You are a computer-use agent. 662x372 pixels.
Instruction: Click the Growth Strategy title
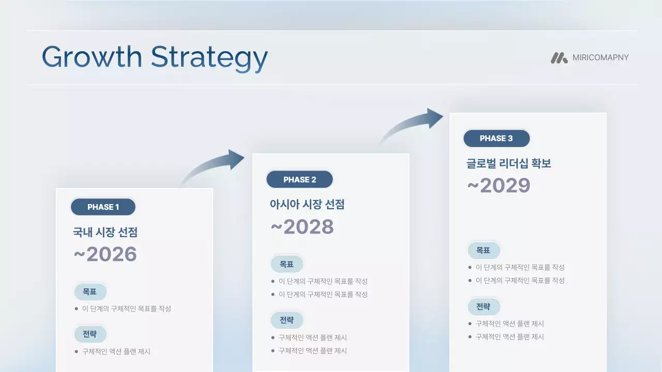[x=154, y=57]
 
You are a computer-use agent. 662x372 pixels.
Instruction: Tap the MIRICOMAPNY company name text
[x=600, y=57]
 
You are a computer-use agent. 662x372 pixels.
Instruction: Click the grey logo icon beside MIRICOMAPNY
[x=559, y=58]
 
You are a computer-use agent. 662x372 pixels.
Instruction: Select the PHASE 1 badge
[x=103, y=207]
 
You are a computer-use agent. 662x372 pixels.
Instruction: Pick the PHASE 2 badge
[x=299, y=180]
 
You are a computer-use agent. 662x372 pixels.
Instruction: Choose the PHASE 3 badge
[x=496, y=138]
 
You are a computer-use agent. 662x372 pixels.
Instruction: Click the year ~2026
[x=105, y=254]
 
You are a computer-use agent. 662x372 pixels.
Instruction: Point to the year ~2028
[x=302, y=227]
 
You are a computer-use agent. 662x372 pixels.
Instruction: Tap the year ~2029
[x=499, y=185]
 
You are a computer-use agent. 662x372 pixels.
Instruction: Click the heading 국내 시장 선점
[x=105, y=232]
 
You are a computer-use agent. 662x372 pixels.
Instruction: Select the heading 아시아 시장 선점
[x=307, y=204]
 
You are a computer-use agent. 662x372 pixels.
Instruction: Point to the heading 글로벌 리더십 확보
[x=508, y=163]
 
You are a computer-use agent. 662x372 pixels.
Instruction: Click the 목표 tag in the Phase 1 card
[x=90, y=292]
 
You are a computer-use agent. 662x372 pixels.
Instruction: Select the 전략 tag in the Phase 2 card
[x=287, y=320]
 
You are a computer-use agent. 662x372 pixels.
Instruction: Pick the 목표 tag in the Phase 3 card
[x=484, y=251]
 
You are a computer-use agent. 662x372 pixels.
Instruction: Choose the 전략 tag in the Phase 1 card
[x=90, y=334]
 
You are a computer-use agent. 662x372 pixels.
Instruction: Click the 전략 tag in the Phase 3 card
[x=484, y=307]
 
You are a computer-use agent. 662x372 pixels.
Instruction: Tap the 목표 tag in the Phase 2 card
[x=287, y=265]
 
